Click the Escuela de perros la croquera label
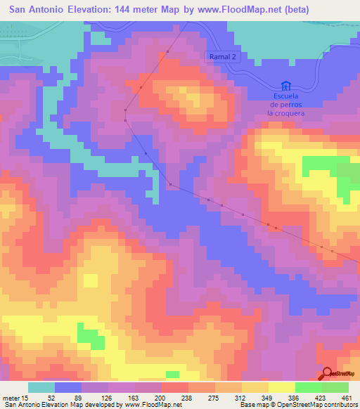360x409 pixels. [285, 103]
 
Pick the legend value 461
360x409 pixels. [347, 397]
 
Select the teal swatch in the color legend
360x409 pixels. [41, 387]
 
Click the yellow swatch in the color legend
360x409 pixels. [282, 387]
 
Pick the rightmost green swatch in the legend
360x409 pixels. [335, 387]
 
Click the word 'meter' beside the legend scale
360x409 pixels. [9, 397]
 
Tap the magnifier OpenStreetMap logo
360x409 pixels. [328, 374]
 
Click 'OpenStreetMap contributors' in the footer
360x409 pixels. [313, 405]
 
